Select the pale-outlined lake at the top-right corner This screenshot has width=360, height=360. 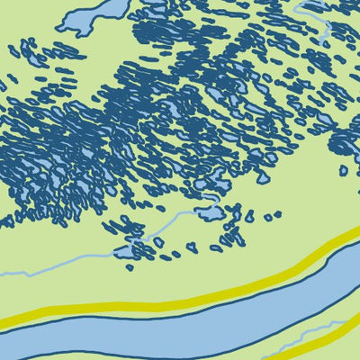tap(315, 5)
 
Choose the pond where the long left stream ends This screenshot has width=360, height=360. tap(209, 214)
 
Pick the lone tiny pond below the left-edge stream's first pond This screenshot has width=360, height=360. tap(130, 267)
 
